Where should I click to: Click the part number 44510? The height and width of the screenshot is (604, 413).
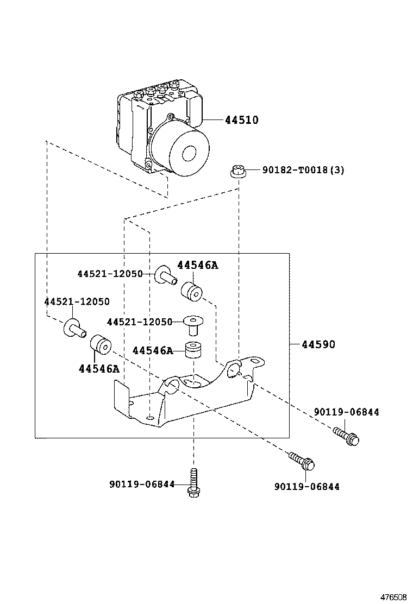pos(241,120)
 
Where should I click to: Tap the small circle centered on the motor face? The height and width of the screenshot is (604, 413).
pos(191,154)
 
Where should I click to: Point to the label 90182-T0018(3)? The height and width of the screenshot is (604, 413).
pos(303,170)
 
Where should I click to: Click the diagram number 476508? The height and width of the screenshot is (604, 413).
pos(393,596)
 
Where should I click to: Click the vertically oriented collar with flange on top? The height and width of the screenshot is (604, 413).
pos(191,325)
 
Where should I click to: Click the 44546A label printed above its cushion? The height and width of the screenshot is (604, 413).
pos(197,265)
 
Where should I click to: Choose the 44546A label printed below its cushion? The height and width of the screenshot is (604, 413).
pos(98,369)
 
